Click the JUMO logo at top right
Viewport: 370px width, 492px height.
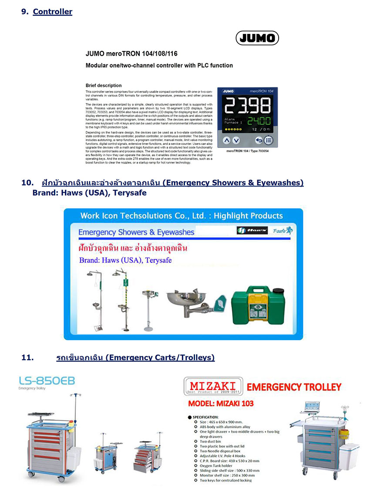point(257,38)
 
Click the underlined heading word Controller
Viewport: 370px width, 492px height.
point(53,12)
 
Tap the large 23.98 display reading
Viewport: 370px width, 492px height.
point(246,105)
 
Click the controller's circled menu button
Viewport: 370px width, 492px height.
point(268,141)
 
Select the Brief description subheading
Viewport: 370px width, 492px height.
point(104,85)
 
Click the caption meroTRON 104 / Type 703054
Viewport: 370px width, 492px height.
point(248,151)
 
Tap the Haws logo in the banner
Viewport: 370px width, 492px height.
point(252,231)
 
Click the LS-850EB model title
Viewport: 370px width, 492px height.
point(47,381)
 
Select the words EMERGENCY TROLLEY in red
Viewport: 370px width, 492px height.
point(294,387)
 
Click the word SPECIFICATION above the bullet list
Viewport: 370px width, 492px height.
point(209,416)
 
